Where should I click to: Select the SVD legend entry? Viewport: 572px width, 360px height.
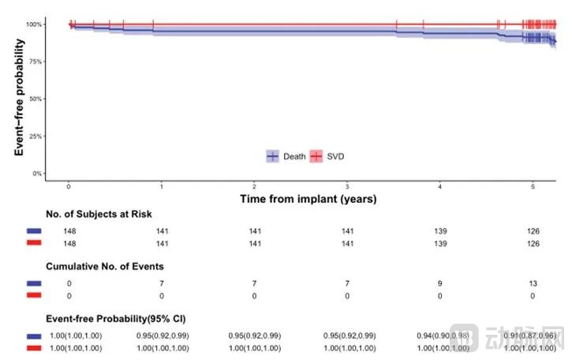(x=328, y=156)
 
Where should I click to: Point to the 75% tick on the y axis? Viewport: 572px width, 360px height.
(x=35, y=62)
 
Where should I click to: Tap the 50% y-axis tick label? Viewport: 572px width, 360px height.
(x=35, y=99)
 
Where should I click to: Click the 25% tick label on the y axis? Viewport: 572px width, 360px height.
(x=35, y=136)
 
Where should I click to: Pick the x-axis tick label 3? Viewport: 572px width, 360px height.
(x=347, y=187)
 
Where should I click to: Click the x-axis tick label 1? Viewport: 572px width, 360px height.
(x=162, y=187)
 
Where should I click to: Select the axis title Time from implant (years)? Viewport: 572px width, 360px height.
(x=308, y=199)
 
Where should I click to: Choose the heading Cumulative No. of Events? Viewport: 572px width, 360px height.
(x=104, y=266)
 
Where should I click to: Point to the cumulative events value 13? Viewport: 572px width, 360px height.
(x=533, y=282)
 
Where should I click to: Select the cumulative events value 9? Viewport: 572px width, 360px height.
(x=439, y=282)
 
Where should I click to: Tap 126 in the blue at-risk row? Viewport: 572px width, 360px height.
(x=533, y=231)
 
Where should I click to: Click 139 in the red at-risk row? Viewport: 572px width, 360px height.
(x=439, y=243)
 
